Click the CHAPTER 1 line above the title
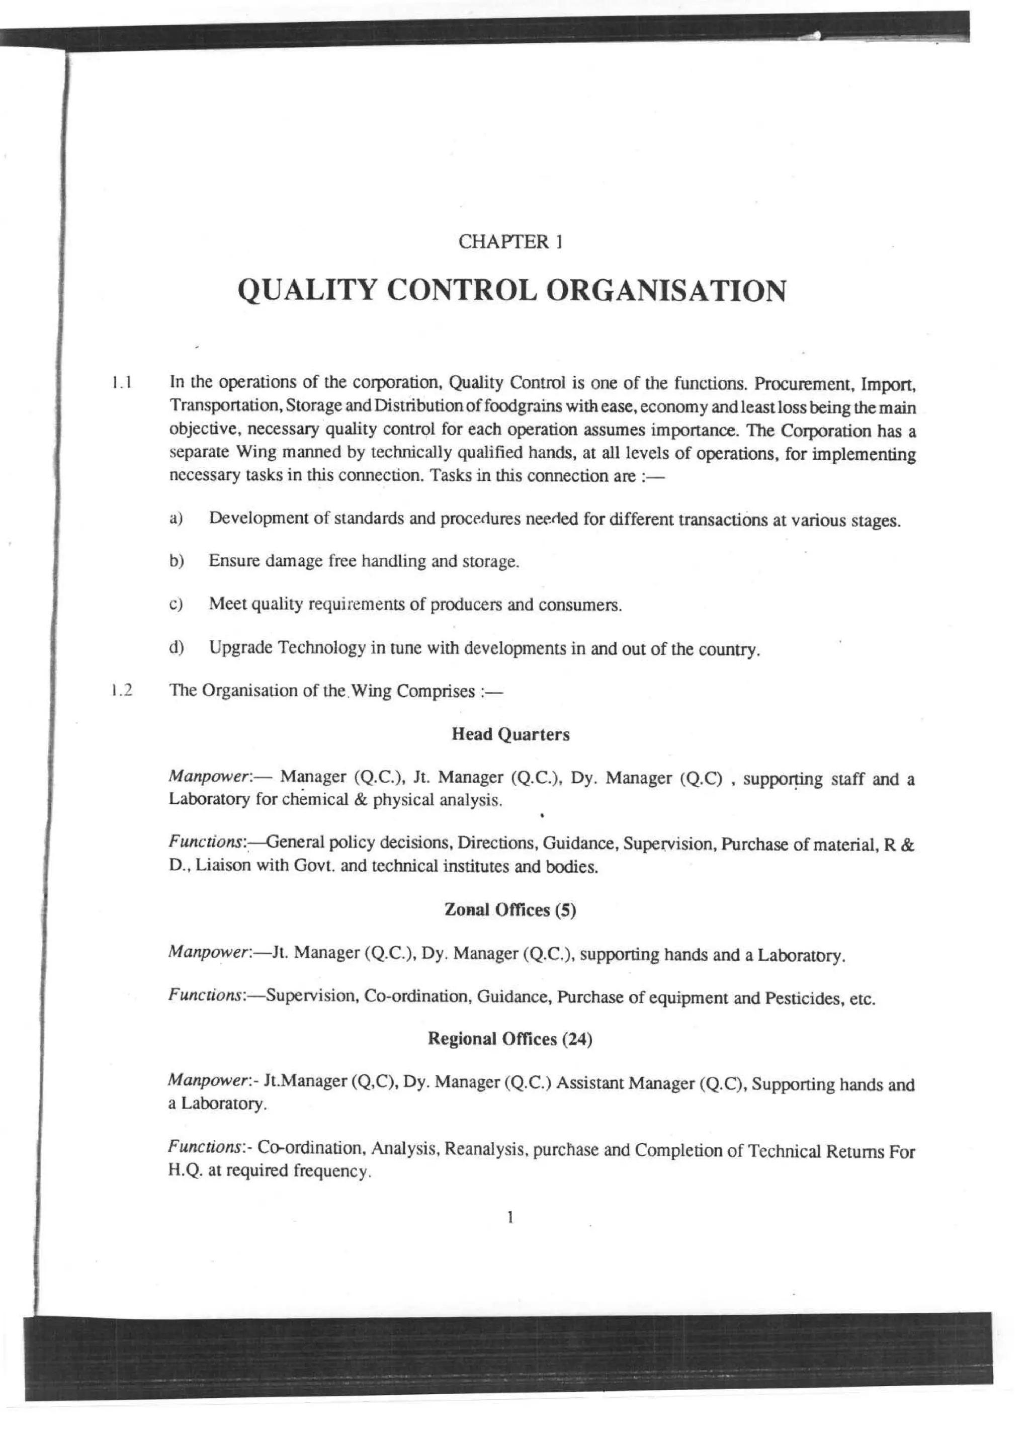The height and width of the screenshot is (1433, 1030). [510, 241]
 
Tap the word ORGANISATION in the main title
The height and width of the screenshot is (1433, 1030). [665, 291]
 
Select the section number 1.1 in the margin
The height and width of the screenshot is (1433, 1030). [121, 382]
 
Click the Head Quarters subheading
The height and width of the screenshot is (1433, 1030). [510, 734]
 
